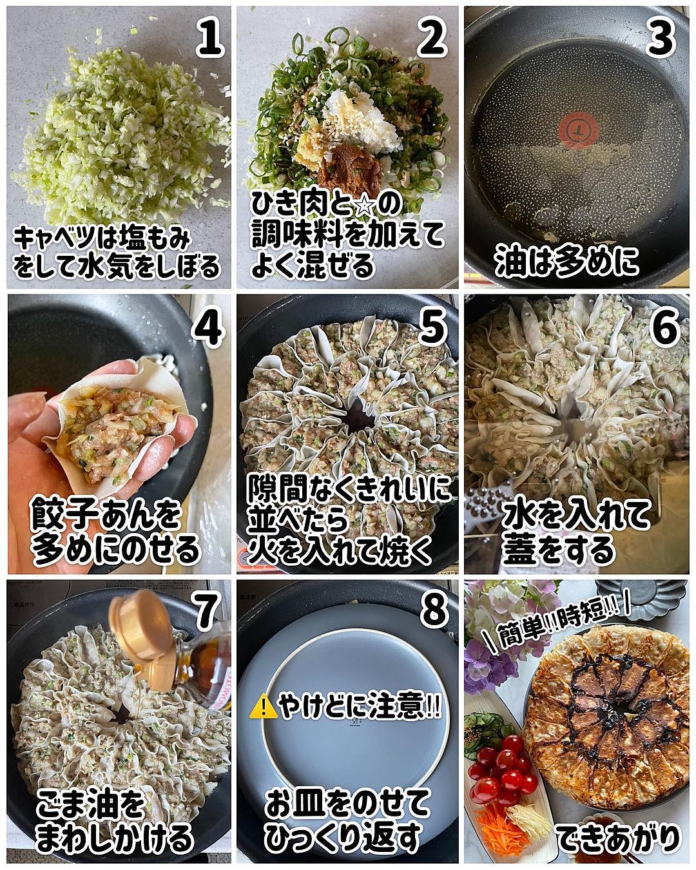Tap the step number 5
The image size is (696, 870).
pyautogui.click(x=433, y=329)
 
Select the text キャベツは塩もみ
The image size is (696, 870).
pyautogui.click(x=102, y=238)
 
